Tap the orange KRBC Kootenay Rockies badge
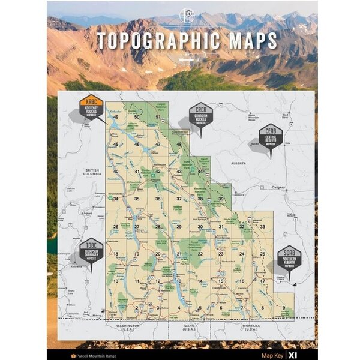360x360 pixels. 91,107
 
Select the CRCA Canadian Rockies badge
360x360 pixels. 200,115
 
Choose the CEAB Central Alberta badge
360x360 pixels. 271,137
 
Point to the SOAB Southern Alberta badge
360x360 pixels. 289,259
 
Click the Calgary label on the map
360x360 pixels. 278,187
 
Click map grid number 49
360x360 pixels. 116,117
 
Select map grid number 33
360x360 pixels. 263,226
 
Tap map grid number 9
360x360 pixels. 283,308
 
